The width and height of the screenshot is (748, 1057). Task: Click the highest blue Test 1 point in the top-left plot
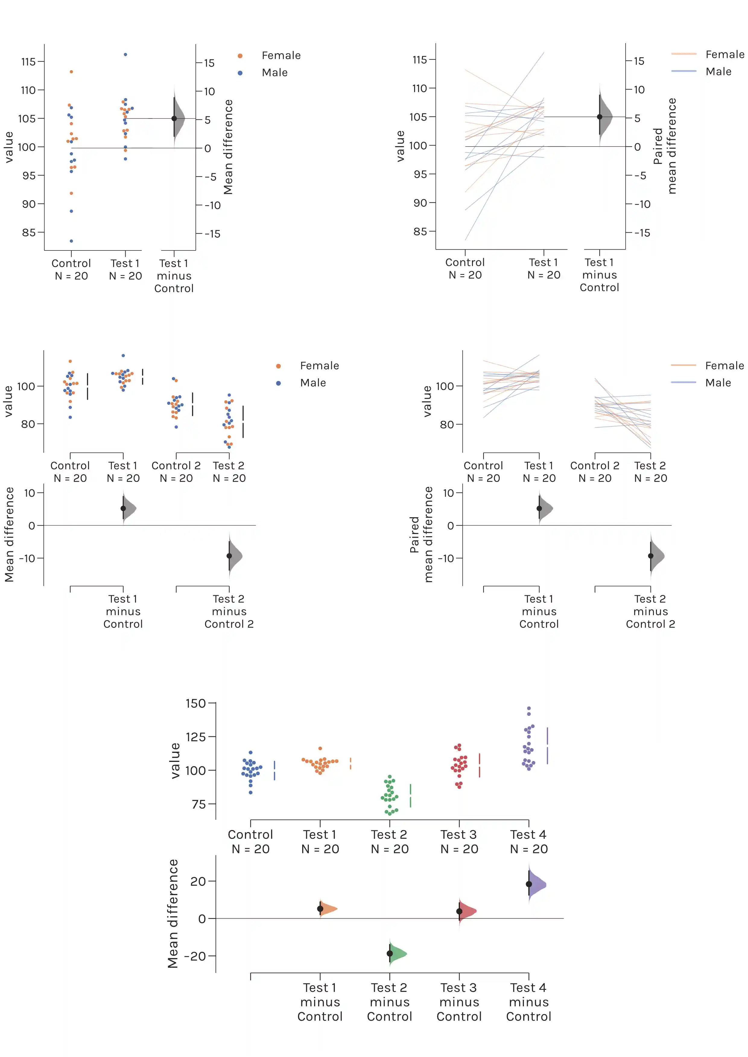(125, 54)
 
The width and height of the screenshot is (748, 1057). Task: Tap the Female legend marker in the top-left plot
(240, 56)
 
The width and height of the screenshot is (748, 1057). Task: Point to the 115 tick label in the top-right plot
(420, 59)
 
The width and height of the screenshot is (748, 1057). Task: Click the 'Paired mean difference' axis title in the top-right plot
(665, 146)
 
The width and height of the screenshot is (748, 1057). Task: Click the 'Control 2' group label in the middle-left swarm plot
(176, 465)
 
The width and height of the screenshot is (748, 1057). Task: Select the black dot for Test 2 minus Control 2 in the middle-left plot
(229, 556)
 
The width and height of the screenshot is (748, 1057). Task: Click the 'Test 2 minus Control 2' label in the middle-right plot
(650, 611)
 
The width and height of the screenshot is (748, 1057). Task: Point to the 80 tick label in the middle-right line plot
(446, 424)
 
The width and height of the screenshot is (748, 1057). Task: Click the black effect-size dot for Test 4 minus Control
(529, 884)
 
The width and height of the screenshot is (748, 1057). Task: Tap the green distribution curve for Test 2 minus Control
(399, 953)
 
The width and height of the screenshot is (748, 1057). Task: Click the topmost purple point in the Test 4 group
(529, 709)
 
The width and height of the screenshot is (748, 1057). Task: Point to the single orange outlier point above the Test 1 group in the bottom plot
(320, 749)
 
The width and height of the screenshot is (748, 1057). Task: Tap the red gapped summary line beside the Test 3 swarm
(480, 765)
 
